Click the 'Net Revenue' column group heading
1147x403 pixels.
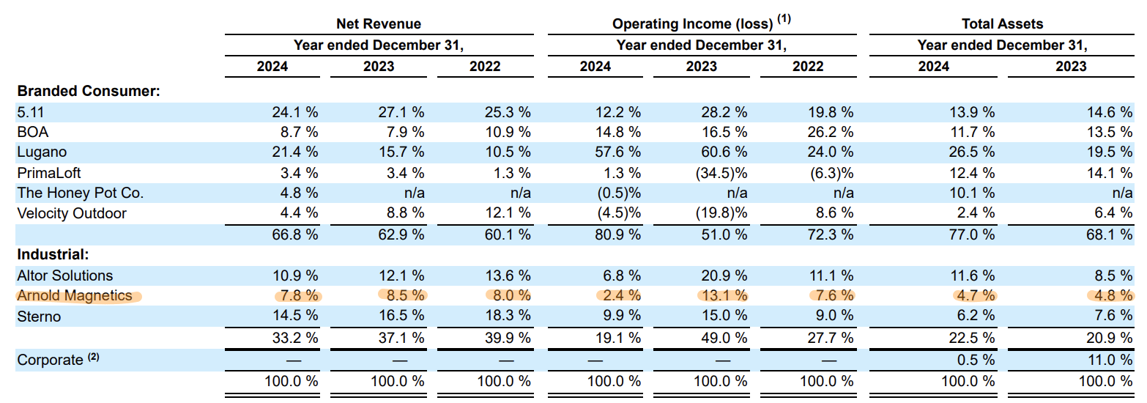pyautogui.click(x=379, y=23)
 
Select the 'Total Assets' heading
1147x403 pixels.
pyautogui.click(x=1002, y=23)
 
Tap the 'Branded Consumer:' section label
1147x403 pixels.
pyautogui.click(x=89, y=91)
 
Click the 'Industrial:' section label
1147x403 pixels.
pyautogui.click(x=53, y=254)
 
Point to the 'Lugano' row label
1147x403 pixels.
pyautogui.click(x=42, y=152)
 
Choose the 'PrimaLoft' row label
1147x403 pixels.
pyautogui.click(x=48, y=173)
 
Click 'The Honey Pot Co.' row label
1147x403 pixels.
pyautogui.click(x=80, y=193)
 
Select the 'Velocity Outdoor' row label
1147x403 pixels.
pyautogui.click(x=72, y=213)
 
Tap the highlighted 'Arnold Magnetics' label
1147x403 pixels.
pyautogui.click(x=75, y=295)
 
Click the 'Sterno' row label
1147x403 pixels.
pyautogui.click(x=39, y=316)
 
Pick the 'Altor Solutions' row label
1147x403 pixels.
pyautogui.click(x=65, y=276)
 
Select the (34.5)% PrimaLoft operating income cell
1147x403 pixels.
pyautogui.click(x=721, y=173)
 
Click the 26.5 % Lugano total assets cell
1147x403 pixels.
pyautogui.click(x=972, y=152)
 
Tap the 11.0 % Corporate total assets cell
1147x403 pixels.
pyautogui.click(x=1110, y=360)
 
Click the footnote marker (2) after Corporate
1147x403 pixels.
pyautogui.click(x=93, y=356)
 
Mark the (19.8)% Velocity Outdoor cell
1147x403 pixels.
pyautogui.click(x=721, y=213)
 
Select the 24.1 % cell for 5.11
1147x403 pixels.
pyautogui.click(x=295, y=112)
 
